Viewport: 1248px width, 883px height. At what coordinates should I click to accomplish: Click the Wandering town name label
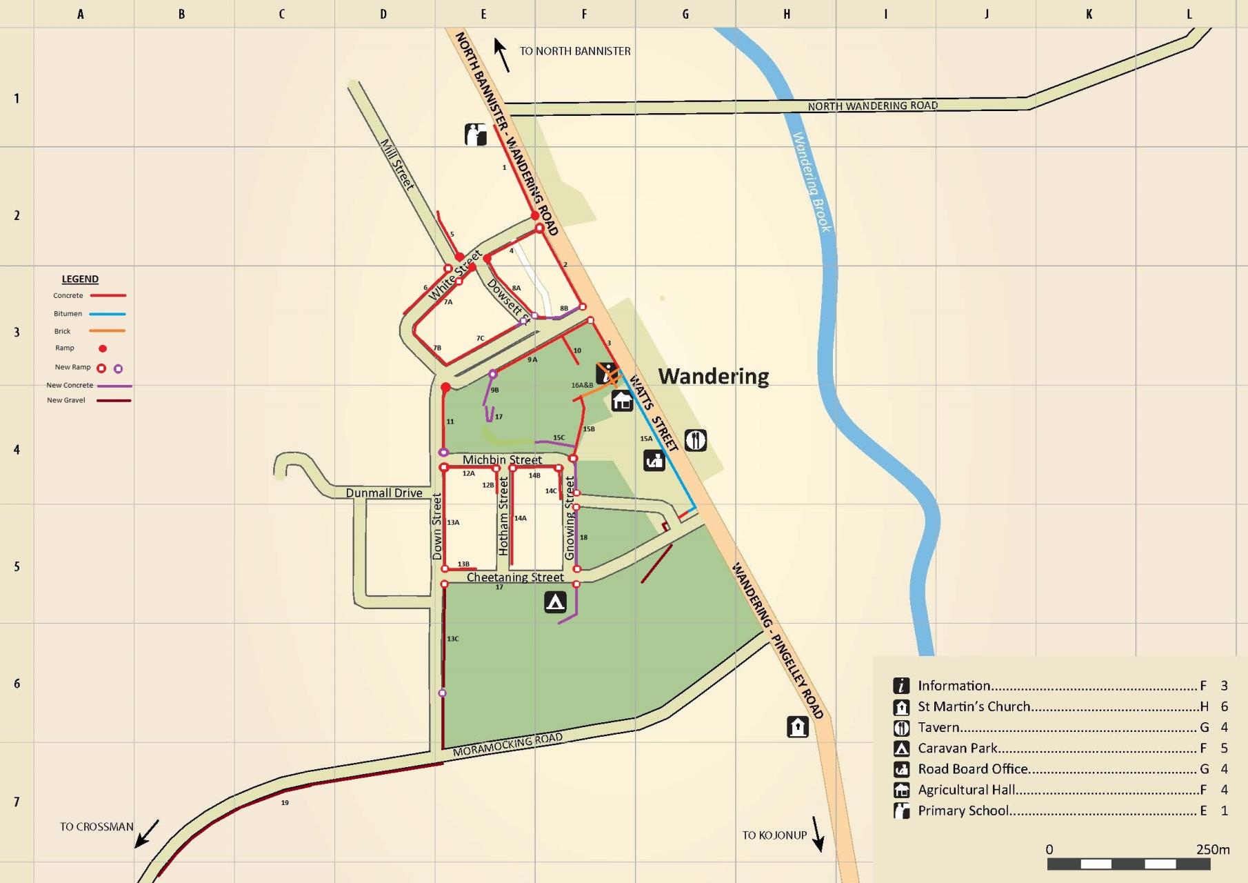click(x=713, y=376)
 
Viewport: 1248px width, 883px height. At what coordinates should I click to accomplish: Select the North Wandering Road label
click(x=872, y=106)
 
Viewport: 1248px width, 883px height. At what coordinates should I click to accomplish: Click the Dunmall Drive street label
click(x=384, y=493)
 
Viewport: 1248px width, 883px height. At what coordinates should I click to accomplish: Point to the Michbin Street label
click(x=502, y=459)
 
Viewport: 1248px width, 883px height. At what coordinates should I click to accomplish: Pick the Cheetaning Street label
click(x=515, y=577)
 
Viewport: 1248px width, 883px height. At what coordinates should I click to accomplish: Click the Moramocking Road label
click(x=507, y=744)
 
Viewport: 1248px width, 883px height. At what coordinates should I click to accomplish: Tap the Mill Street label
click(x=398, y=164)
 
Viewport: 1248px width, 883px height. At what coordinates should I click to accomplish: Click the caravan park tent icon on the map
click(x=555, y=602)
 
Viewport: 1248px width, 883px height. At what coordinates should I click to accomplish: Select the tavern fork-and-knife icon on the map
click(x=696, y=440)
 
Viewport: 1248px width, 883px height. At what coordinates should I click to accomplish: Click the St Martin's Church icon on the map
click(x=798, y=726)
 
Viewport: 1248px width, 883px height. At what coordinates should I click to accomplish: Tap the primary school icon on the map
click(x=476, y=134)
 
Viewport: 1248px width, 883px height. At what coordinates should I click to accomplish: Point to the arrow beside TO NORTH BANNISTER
click(x=501, y=54)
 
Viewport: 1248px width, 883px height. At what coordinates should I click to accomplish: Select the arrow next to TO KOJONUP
click(x=818, y=834)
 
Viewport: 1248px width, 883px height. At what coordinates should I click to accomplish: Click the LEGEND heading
click(x=80, y=279)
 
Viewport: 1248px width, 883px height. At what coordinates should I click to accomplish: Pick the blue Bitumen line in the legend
click(x=108, y=314)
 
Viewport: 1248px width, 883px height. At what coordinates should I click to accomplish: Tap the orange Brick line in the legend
click(x=108, y=331)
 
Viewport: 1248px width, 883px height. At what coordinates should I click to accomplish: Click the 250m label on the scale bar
click(x=1213, y=849)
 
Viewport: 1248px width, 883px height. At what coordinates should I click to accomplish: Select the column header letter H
click(x=786, y=14)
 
